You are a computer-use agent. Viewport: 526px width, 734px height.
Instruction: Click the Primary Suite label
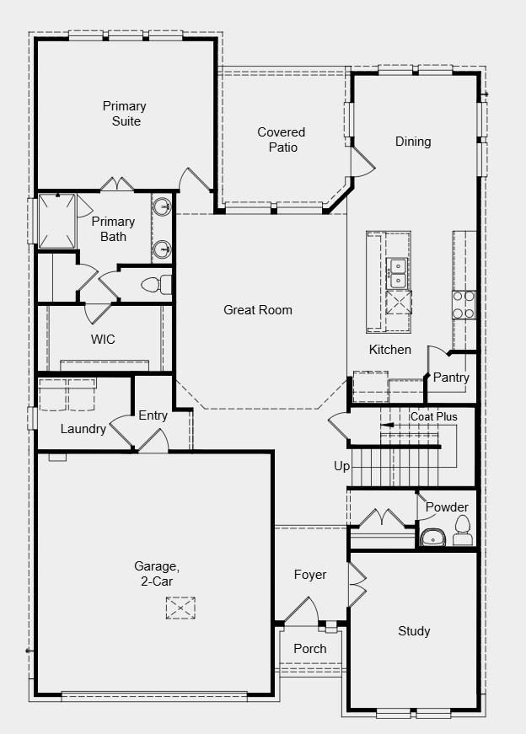click(124, 114)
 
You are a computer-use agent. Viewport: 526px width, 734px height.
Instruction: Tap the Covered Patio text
click(282, 140)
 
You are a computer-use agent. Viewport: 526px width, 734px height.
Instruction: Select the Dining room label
click(413, 142)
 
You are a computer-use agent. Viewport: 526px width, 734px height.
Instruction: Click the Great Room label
click(258, 310)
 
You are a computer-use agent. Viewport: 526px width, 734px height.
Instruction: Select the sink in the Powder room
click(432, 536)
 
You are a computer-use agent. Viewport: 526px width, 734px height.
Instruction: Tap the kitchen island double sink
click(397, 272)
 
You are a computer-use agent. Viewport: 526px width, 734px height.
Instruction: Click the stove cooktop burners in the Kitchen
click(464, 304)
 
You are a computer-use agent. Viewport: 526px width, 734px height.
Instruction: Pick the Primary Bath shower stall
click(57, 221)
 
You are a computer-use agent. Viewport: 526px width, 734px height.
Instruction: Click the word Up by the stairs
click(341, 466)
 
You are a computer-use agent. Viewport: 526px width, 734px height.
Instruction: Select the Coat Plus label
click(433, 417)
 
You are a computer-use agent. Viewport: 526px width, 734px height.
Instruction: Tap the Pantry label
click(451, 378)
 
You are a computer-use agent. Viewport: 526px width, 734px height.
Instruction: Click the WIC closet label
click(103, 340)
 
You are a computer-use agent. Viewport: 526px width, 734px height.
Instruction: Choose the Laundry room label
click(83, 429)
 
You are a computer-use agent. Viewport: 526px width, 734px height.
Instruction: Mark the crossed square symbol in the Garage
click(180, 607)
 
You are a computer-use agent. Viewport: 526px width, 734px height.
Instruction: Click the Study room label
click(414, 631)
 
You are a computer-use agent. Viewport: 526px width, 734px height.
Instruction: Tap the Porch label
click(309, 649)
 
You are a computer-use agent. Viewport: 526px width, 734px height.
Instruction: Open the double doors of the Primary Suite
click(117, 185)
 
